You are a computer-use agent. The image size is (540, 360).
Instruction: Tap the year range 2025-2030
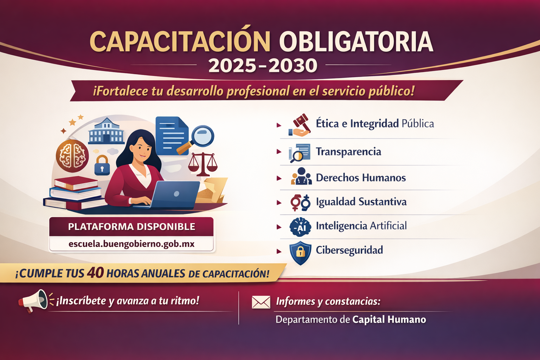coord(263,66)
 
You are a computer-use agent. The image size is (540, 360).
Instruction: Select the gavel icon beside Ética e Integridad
coord(300,125)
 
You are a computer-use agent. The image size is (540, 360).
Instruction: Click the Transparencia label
coord(348,152)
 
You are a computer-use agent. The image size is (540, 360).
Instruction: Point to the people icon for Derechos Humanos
coord(301,176)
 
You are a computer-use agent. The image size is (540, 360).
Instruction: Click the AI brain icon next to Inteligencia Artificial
coord(300,227)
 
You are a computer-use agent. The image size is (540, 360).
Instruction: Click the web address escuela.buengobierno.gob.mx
coord(131,244)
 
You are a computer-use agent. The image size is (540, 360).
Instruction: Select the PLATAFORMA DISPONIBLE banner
coord(131,226)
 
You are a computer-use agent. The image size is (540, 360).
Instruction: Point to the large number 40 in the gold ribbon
coord(95,272)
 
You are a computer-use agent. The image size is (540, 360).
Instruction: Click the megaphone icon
coord(33,301)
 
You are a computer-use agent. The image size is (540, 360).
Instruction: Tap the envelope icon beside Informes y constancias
coord(261,302)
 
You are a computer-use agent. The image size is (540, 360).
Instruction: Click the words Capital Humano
coord(389,320)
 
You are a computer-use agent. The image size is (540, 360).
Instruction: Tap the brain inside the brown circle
coord(72,156)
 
